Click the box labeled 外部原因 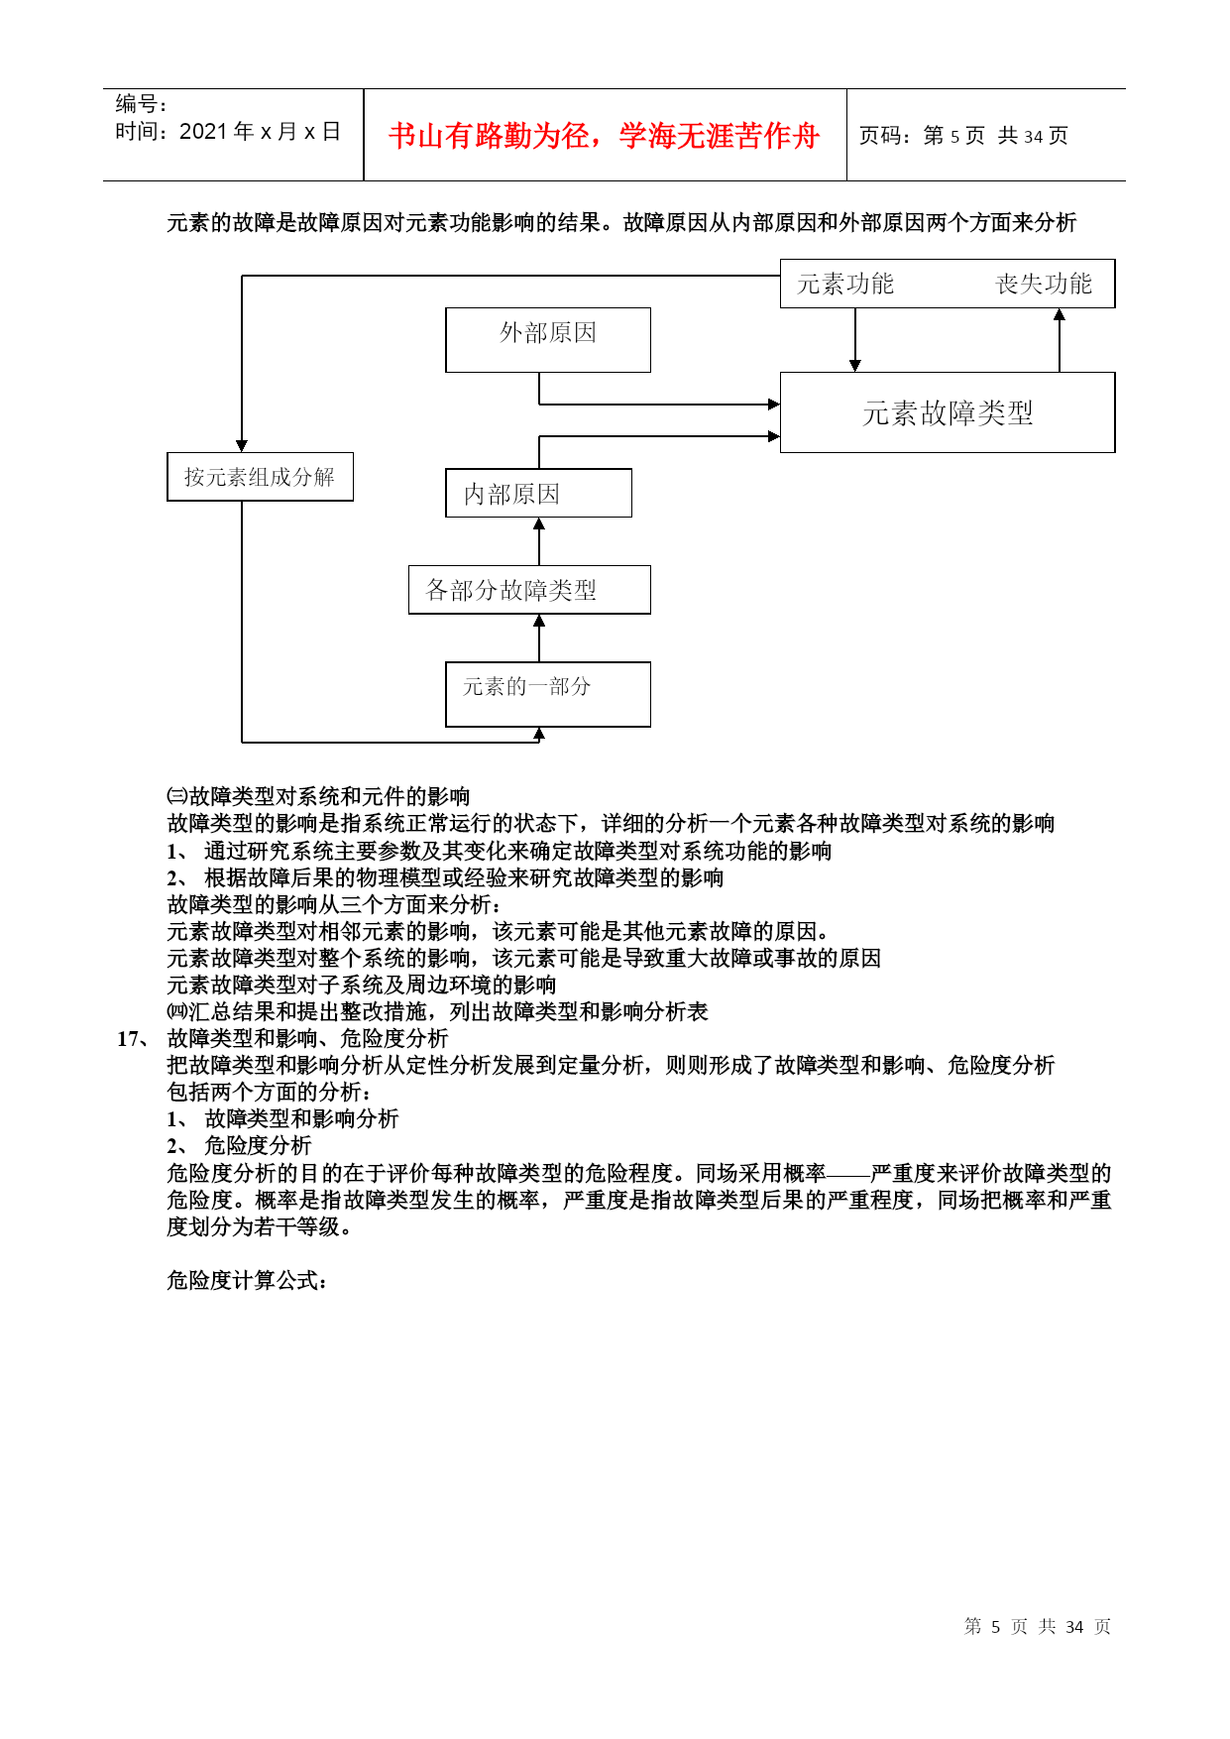pyautogui.click(x=548, y=340)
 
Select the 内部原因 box pyautogui.click(x=538, y=493)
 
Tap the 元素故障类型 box pyautogui.click(x=948, y=412)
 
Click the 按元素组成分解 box pyautogui.click(x=260, y=477)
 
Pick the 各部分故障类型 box pyautogui.click(x=529, y=590)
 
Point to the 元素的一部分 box pyautogui.click(x=548, y=694)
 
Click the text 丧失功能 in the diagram pyautogui.click(x=1044, y=285)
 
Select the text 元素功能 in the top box pyautogui.click(x=845, y=285)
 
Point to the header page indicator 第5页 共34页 pyautogui.click(x=996, y=136)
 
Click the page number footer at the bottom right pyautogui.click(x=1038, y=1626)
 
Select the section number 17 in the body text pyautogui.click(x=129, y=1039)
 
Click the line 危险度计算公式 pyautogui.click(x=247, y=1280)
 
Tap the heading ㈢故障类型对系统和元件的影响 pyautogui.click(x=318, y=796)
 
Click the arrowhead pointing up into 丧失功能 pyautogui.click(x=1060, y=314)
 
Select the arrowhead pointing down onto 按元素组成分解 pyautogui.click(x=242, y=446)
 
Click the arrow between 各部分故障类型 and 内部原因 pyautogui.click(x=539, y=541)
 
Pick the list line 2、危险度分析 pyautogui.click(x=239, y=1146)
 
